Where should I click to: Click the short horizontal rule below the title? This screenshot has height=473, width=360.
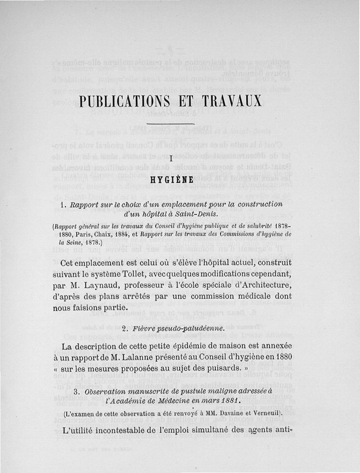pyautogui.click(x=171, y=123)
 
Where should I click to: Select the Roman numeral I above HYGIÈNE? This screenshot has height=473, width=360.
pyautogui.click(x=171, y=158)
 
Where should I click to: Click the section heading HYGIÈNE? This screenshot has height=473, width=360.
pyautogui.click(x=171, y=180)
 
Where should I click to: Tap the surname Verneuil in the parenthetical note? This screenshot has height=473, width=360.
pyautogui.click(x=263, y=413)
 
